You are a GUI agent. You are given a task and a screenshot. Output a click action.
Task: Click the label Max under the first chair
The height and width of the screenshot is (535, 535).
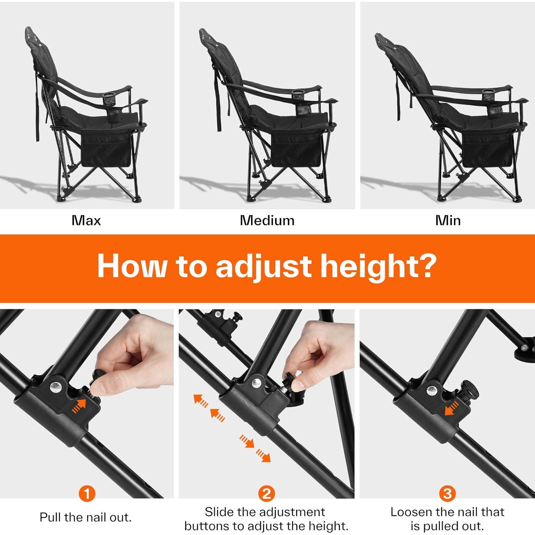pos(86,220)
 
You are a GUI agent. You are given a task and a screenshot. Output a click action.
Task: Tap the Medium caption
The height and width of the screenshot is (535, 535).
pos(267,220)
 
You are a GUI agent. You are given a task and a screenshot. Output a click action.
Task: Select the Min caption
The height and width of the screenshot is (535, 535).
pos(448,220)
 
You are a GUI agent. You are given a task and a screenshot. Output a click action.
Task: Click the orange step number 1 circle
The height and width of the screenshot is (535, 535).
pos(87,494)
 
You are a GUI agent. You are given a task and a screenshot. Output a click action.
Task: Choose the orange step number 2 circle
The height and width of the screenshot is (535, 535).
pos(266,494)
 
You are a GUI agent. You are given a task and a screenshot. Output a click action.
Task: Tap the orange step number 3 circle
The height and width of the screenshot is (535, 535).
pos(447,494)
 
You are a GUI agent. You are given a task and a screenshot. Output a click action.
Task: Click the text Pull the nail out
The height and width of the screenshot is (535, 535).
pos(86,517)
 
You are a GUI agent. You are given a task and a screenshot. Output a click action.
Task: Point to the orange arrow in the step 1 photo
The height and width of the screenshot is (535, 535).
pos(80,406)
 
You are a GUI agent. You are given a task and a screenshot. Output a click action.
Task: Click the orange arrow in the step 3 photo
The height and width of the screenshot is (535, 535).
pos(451,408)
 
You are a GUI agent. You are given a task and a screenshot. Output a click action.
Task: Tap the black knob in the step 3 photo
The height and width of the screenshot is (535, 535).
pos(469,390)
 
